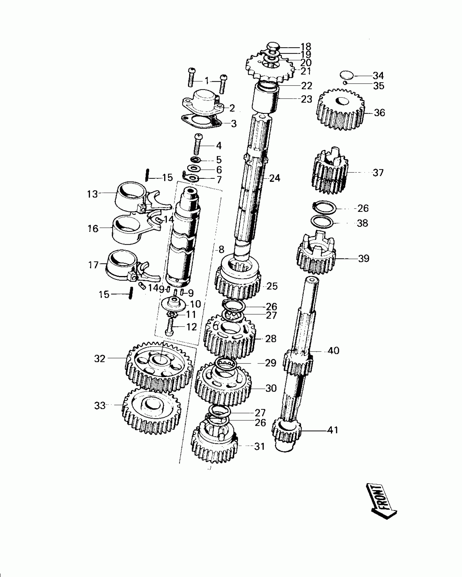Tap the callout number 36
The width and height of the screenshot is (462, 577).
point(379,112)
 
